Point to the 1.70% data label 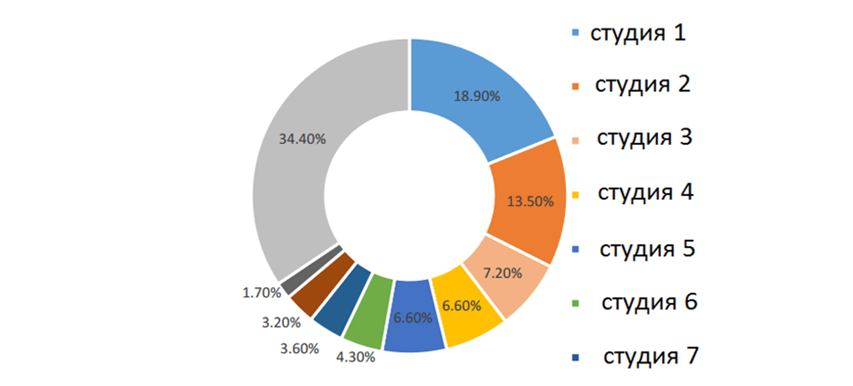262,293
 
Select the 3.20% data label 281,322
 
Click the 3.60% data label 299,348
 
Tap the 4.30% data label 356,357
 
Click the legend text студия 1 638,33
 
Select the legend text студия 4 645,192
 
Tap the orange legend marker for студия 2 576,86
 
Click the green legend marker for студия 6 576,303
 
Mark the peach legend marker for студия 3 576,140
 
